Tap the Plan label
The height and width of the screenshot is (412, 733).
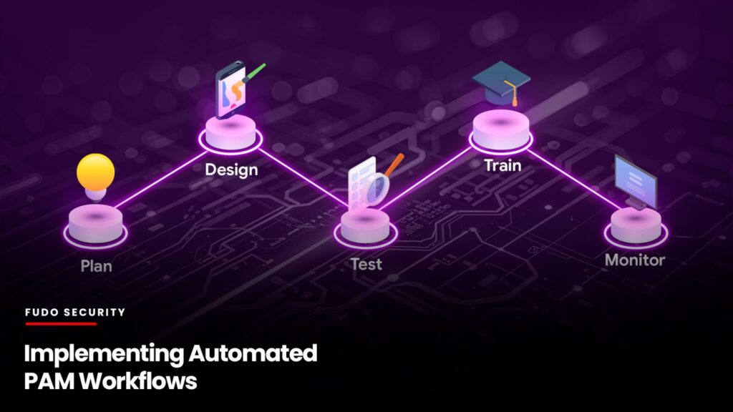[x=97, y=266]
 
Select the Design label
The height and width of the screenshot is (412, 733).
[x=231, y=170]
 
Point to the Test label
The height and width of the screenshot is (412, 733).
[x=366, y=265]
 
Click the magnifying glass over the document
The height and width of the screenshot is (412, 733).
[x=379, y=185]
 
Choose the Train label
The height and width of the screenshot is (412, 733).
[x=503, y=165]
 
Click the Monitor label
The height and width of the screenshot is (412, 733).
[x=635, y=260]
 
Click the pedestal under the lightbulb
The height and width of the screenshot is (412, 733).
[x=95, y=226]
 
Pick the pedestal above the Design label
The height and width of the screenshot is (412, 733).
[x=230, y=134]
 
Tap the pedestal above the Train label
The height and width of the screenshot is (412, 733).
[x=500, y=131]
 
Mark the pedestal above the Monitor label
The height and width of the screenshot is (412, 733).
[x=636, y=227]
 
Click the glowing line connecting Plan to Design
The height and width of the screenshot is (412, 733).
[x=162, y=179]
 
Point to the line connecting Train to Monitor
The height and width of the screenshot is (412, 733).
[x=575, y=180]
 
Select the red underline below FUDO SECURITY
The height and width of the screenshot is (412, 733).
[x=61, y=323]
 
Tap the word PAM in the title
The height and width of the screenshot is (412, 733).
[x=49, y=381]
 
